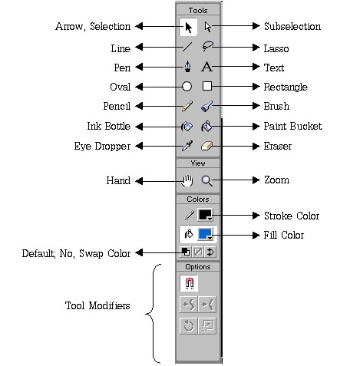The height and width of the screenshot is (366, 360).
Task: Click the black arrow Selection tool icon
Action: tap(188, 28)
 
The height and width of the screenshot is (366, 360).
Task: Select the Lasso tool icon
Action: tap(207, 46)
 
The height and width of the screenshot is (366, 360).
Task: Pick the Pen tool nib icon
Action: tap(188, 67)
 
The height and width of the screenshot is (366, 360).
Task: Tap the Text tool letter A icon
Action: tap(206, 67)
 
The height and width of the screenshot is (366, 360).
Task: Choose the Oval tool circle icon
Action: tap(187, 87)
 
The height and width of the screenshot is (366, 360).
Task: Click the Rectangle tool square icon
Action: tap(207, 86)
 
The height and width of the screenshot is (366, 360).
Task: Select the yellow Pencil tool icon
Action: tap(187, 106)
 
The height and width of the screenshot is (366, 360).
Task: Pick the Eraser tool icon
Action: tap(206, 146)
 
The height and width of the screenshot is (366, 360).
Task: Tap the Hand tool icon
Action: tap(187, 180)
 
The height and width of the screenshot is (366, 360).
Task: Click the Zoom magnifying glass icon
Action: tap(206, 180)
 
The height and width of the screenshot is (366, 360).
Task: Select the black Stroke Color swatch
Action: tap(205, 215)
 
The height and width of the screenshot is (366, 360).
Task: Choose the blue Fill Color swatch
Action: tap(205, 234)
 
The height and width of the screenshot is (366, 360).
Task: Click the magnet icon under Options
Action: tap(189, 283)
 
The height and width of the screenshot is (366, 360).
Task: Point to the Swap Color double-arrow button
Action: tap(210, 252)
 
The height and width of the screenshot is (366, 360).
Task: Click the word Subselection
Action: tap(292, 26)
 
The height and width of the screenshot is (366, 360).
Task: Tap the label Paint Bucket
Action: tap(292, 126)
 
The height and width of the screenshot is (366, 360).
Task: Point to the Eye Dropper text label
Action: tap(102, 147)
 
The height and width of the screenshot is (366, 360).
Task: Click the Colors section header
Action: tap(198, 199)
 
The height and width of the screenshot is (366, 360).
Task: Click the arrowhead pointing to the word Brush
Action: tap(256, 106)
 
